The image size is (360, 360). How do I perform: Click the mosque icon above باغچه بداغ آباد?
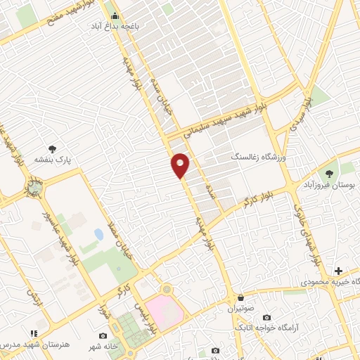tap(115, 15)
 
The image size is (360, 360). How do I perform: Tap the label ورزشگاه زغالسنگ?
tap(257, 157)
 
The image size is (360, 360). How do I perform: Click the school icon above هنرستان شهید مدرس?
tap(33, 333)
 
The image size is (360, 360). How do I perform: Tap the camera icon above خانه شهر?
tap(103, 335)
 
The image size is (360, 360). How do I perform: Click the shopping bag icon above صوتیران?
tap(242, 297)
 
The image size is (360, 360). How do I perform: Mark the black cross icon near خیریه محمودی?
tap(338, 271)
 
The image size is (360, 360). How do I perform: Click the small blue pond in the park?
tap(98, 233)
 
